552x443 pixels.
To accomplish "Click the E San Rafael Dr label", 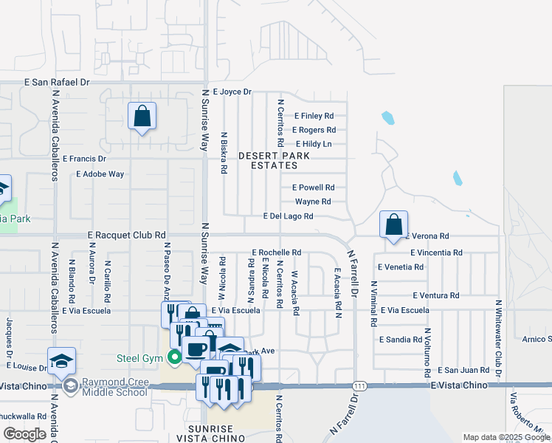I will click(57, 83).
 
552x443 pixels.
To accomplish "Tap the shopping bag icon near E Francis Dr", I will click(142, 117).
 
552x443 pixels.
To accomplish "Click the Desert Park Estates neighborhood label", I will click(268, 160).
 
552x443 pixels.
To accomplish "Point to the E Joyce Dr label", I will click(232, 92).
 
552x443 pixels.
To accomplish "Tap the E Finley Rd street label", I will click(314, 116).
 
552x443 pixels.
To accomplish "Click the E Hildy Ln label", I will click(313, 144).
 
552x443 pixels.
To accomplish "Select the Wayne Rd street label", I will click(312, 202).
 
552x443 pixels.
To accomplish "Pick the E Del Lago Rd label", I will click(289, 216).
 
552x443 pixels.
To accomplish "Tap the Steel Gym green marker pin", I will click(174, 359).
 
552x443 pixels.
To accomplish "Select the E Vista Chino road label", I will click(460, 385).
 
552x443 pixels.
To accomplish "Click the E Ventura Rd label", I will click(435, 295).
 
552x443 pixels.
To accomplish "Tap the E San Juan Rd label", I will click(463, 370).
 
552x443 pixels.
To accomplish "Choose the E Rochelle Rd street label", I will click(276, 253).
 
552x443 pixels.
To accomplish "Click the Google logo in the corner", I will click(24, 434).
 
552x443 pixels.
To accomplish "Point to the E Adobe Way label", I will click(100, 174).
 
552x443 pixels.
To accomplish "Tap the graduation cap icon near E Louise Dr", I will click(61, 360).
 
